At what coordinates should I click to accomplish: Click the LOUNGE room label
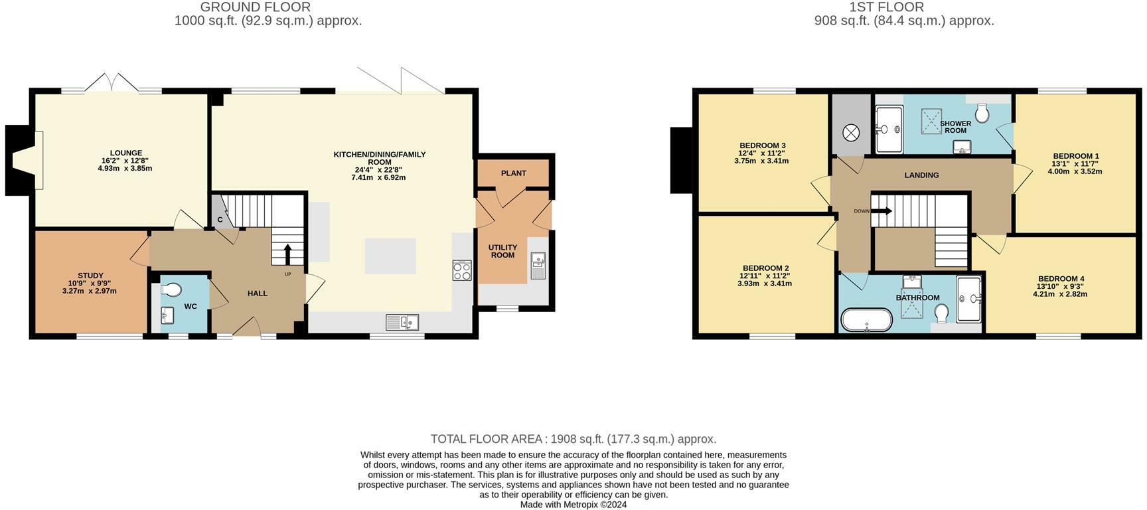125,153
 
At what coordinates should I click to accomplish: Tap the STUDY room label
90,276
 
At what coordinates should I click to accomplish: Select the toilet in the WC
171,290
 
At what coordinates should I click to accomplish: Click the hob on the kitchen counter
462,270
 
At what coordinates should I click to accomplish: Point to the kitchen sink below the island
402,322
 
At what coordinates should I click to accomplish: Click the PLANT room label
513,173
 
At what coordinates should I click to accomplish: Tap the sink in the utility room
538,265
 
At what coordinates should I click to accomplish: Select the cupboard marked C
220,220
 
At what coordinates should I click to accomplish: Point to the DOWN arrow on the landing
881,211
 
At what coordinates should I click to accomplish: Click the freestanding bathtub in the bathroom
866,319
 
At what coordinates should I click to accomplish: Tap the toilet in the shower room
982,114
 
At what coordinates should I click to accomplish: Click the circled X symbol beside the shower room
850,133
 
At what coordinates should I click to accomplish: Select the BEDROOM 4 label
1060,279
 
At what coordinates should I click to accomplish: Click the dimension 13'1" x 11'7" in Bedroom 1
1075,163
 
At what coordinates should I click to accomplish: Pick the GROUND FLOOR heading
256,7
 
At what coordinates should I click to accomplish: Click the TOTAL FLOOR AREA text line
573,439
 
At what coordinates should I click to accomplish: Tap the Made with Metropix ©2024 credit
573,505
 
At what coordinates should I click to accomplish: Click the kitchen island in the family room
390,256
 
